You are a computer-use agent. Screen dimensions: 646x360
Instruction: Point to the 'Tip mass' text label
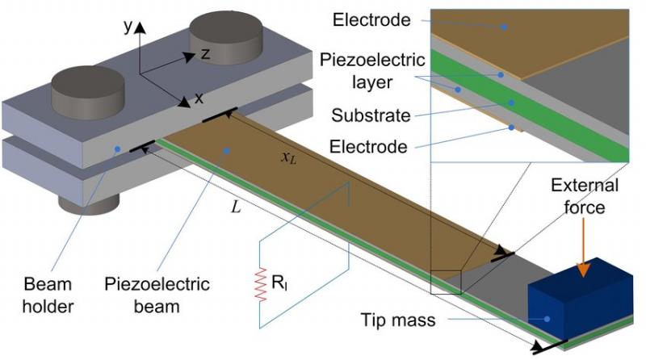(398, 320)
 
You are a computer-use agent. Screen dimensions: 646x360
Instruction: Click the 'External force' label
(585, 196)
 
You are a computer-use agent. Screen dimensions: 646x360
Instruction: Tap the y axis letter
(128, 27)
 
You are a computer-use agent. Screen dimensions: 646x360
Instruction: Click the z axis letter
(205, 53)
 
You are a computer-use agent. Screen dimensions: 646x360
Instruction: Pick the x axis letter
(199, 98)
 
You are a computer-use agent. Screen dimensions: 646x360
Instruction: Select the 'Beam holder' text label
(48, 295)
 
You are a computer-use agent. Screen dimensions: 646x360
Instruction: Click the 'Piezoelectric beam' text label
(157, 295)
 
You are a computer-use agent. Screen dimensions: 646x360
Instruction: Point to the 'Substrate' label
(371, 115)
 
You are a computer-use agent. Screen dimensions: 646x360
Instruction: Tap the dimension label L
(236, 207)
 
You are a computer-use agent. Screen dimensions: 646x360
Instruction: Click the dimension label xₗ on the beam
(288, 157)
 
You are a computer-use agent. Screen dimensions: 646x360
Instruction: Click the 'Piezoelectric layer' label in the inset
(372, 71)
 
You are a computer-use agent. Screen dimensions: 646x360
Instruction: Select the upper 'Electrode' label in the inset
(371, 19)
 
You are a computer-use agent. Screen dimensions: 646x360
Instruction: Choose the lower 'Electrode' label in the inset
(368, 146)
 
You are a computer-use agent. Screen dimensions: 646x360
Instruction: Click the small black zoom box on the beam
(447, 282)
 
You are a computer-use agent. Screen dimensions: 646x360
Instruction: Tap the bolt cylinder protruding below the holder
(89, 203)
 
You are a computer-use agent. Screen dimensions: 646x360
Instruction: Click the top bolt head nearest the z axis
(226, 36)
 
